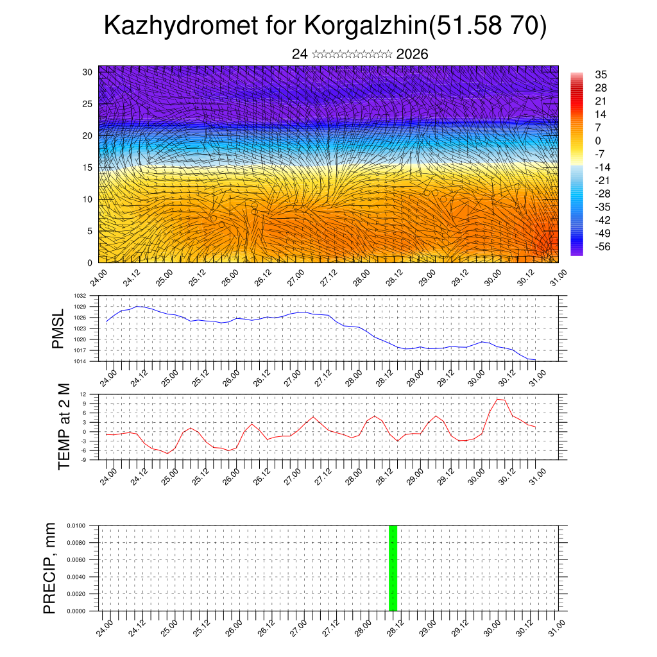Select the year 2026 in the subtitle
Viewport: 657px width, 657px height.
tap(412, 54)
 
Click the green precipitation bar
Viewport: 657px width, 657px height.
tap(393, 568)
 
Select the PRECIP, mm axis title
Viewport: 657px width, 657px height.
tap(50, 568)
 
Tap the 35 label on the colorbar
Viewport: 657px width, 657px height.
tap(601, 74)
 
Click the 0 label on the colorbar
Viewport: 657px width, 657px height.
tap(598, 141)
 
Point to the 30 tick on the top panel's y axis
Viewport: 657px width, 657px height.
tap(87, 72)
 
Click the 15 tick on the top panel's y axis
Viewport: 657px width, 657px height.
tap(87, 167)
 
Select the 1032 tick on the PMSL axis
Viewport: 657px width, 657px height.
tap(80, 296)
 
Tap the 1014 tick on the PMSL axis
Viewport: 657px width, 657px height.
tap(80, 361)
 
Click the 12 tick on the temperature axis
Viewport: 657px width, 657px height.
tap(83, 394)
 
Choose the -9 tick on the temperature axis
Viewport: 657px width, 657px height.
tap(83, 459)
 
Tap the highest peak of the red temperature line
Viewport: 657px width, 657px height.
tap(498, 399)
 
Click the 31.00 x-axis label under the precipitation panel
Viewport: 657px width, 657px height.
tap(558, 625)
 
